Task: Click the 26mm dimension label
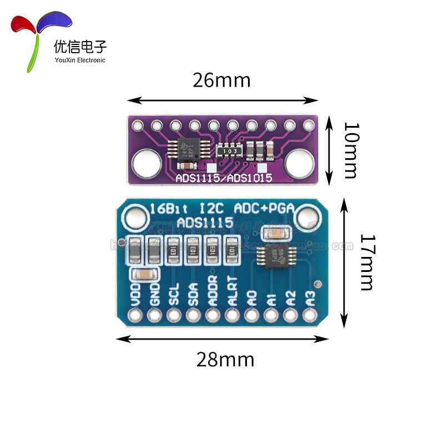pos(221,80)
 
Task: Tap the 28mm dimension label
pos(225,360)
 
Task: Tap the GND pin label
pos(155,294)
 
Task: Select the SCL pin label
pos(174,294)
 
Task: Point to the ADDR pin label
pos(213,291)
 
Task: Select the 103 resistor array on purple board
pos(229,150)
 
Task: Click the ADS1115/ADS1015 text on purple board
pos(224,178)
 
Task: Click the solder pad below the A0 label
pos(251,316)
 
